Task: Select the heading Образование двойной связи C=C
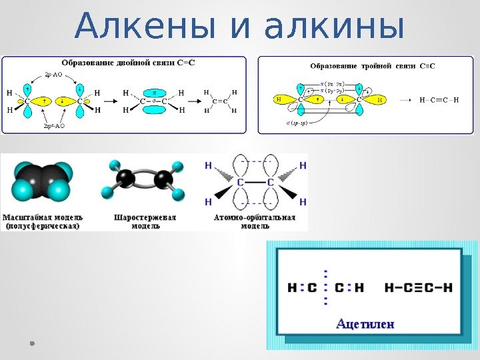coord(129,63)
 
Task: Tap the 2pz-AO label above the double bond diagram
coord(53,75)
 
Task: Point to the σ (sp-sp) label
coord(293,124)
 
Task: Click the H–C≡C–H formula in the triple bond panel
coord(439,99)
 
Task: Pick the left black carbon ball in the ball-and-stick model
coord(125,178)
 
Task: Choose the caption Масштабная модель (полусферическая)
coord(43,221)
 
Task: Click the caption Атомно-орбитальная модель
coord(255,221)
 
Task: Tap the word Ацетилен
coord(365,324)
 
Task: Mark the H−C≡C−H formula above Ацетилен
coord(419,288)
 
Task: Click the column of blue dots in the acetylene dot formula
coord(326,287)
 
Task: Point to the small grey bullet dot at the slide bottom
coord(32,343)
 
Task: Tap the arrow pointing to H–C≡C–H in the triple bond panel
coord(405,99)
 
